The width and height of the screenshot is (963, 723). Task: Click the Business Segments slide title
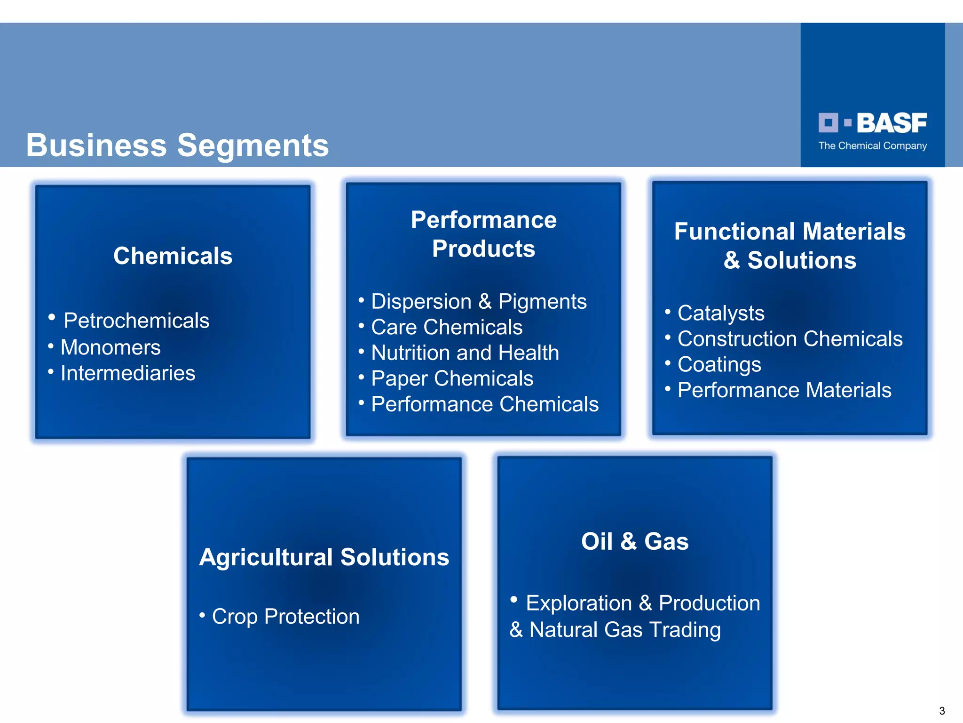coord(177,145)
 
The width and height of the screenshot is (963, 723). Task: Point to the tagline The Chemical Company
coord(872,146)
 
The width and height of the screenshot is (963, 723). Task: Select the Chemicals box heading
coord(173,256)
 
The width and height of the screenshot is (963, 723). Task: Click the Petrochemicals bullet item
coord(136,321)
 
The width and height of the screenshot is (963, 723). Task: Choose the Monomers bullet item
coord(111,347)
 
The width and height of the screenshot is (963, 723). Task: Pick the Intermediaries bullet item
coord(127,373)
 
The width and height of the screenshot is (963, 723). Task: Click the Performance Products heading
coord(483,234)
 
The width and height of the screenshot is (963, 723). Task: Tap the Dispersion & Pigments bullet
coord(478,301)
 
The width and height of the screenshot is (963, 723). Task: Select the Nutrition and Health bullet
coord(465,353)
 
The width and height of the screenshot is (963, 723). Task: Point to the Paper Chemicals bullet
coord(452,378)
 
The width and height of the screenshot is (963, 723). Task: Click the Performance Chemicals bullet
coord(484,404)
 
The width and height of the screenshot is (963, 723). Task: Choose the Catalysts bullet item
coord(720,313)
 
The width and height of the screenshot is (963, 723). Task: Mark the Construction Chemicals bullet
coord(789,339)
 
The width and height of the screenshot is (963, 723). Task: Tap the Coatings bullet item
coord(719,364)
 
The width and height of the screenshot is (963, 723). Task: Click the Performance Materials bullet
coord(784,390)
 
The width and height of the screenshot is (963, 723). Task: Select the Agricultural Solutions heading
coord(324,557)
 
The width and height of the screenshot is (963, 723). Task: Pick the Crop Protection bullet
coord(285,617)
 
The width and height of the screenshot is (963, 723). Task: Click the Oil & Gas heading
coord(635,541)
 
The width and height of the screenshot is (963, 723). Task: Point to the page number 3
coord(942,711)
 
